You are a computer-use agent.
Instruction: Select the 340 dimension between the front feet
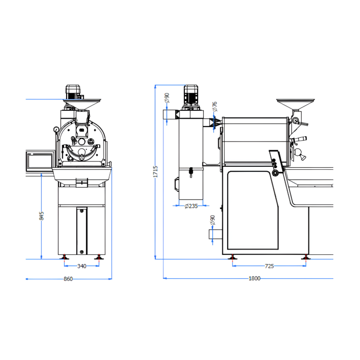pos(82,266)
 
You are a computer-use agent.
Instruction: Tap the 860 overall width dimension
pos(68,279)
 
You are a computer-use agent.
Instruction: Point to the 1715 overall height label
pos(155,171)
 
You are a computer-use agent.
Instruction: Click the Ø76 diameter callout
pos(215,107)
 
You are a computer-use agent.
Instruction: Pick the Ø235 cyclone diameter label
pos(191,206)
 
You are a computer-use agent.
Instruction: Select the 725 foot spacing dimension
pos(269,266)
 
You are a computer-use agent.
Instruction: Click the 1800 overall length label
pos(254,279)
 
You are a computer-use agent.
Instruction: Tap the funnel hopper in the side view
pos(295,106)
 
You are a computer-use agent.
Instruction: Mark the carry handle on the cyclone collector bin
pos(176,184)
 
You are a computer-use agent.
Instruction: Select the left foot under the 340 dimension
pos(64,256)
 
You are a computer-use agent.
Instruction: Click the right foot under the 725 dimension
pos(305,256)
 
